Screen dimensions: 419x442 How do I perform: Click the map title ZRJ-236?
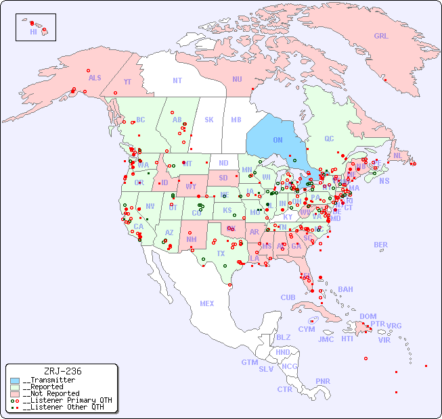[62, 371]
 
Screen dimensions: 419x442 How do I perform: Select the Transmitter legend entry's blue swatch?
[15, 380]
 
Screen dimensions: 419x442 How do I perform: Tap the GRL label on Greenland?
[381, 36]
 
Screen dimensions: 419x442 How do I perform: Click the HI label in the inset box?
[33, 32]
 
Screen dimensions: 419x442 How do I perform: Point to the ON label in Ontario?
[278, 140]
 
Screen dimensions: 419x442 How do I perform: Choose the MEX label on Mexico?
[207, 303]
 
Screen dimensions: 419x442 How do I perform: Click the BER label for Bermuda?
[381, 245]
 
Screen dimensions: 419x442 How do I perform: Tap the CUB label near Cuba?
[288, 297]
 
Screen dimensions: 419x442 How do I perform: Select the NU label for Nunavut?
[237, 79]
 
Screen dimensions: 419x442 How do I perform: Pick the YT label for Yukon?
[127, 82]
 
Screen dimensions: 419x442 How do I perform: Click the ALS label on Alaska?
[95, 78]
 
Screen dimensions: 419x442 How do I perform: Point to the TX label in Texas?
[221, 253]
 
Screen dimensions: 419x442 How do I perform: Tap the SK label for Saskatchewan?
[209, 120]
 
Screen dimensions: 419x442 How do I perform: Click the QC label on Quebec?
[329, 139]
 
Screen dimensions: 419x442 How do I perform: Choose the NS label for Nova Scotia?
[384, 180]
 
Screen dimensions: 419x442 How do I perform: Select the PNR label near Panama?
[323, 381]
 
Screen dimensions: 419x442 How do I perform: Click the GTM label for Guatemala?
[249, 362]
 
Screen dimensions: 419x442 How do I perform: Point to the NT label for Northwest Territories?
[177, 80]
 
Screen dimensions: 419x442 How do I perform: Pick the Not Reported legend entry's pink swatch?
[15, 393]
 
